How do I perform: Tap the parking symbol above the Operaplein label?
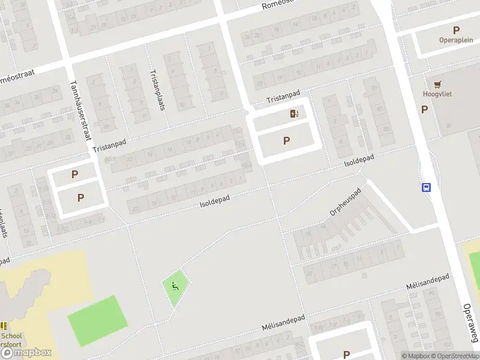point(456,30)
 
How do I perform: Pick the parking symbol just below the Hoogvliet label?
point(424,109)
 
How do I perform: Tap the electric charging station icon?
point(294,113)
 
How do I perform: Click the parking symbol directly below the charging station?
point(286,141)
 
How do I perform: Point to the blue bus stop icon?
point(427,187)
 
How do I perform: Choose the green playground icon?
point(175,286)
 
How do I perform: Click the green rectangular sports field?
point(98,320)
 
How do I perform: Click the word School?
point(12,336)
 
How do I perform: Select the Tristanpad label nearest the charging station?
point(283,96)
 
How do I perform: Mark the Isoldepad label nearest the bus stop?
point(359,160)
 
